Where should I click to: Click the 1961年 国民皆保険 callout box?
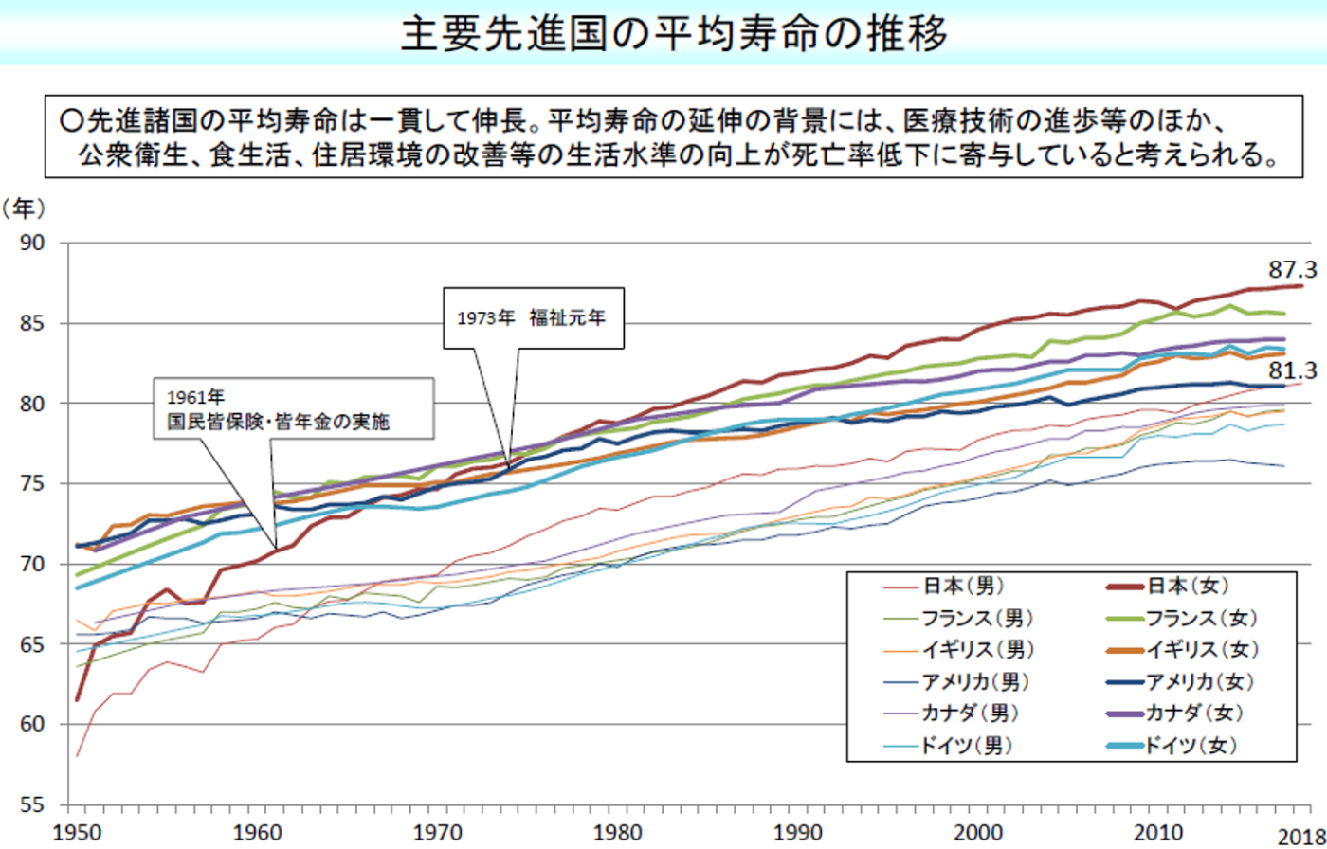click(x=286, y=409)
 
